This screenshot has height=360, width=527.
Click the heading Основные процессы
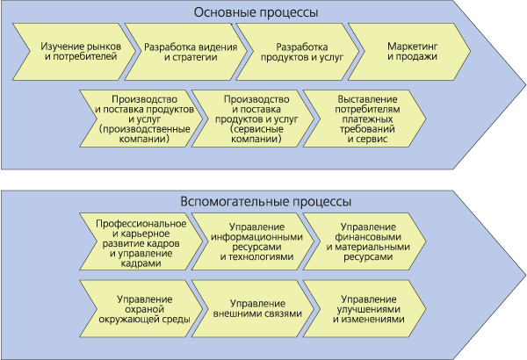[256, 12]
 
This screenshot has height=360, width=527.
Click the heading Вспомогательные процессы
[266, 202]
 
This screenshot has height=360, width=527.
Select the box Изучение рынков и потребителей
[75, 52]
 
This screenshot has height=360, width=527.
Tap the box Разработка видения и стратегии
[186, 52]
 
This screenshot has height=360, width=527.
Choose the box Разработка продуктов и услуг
[298, 52]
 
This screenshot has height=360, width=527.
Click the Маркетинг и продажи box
[409, 52]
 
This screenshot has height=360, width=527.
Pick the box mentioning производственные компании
[141, 119]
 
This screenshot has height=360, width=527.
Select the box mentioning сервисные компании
[253, 119]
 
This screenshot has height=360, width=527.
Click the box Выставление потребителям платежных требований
[365, 119]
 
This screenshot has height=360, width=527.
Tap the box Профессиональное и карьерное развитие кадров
[141, 241]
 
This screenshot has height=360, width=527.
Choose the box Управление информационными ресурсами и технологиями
[253, 241]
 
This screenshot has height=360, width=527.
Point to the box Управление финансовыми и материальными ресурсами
[365, 241]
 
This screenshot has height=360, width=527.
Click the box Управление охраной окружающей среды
[141, 309]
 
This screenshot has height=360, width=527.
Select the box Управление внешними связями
[253, 309]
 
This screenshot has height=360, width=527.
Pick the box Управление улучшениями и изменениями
[365, 309]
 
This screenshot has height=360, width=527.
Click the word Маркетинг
[413, 47]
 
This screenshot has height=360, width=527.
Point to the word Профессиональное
[141, 224]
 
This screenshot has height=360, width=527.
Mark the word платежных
[368, 119]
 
